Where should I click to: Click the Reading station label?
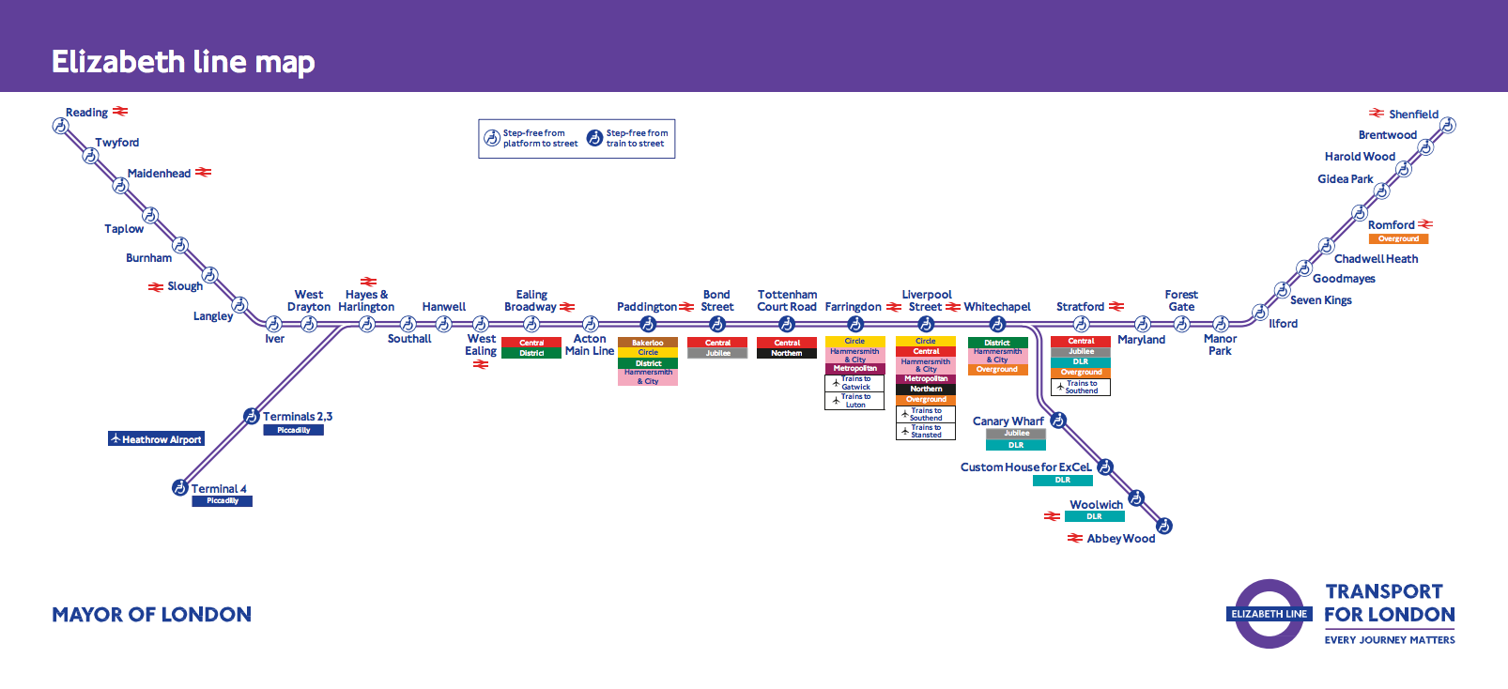coord(86,113)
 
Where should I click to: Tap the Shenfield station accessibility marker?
coord(1448,125)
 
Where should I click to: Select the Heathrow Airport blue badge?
coord(156,438)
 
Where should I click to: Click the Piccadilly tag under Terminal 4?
coord(223,501)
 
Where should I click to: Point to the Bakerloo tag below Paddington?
coord(648,343)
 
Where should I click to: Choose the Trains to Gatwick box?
coord(854,383)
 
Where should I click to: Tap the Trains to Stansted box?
coord(926,431)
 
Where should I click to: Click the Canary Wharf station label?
coord(1008,421)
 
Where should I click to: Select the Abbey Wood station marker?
coord(1163,526)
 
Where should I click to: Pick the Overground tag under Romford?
coord(1398,239)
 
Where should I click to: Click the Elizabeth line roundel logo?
coord(1269,614)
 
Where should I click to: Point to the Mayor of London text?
coord(151,615)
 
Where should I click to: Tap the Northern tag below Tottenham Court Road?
coord(787,354)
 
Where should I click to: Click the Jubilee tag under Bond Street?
coord(717,354)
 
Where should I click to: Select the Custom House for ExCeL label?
coord(1025,467)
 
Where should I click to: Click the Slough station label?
coord(184,286)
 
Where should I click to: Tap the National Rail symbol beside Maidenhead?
coord(203,173)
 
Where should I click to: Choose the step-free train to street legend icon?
coord(594,138)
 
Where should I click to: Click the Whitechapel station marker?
coord(997,324)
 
